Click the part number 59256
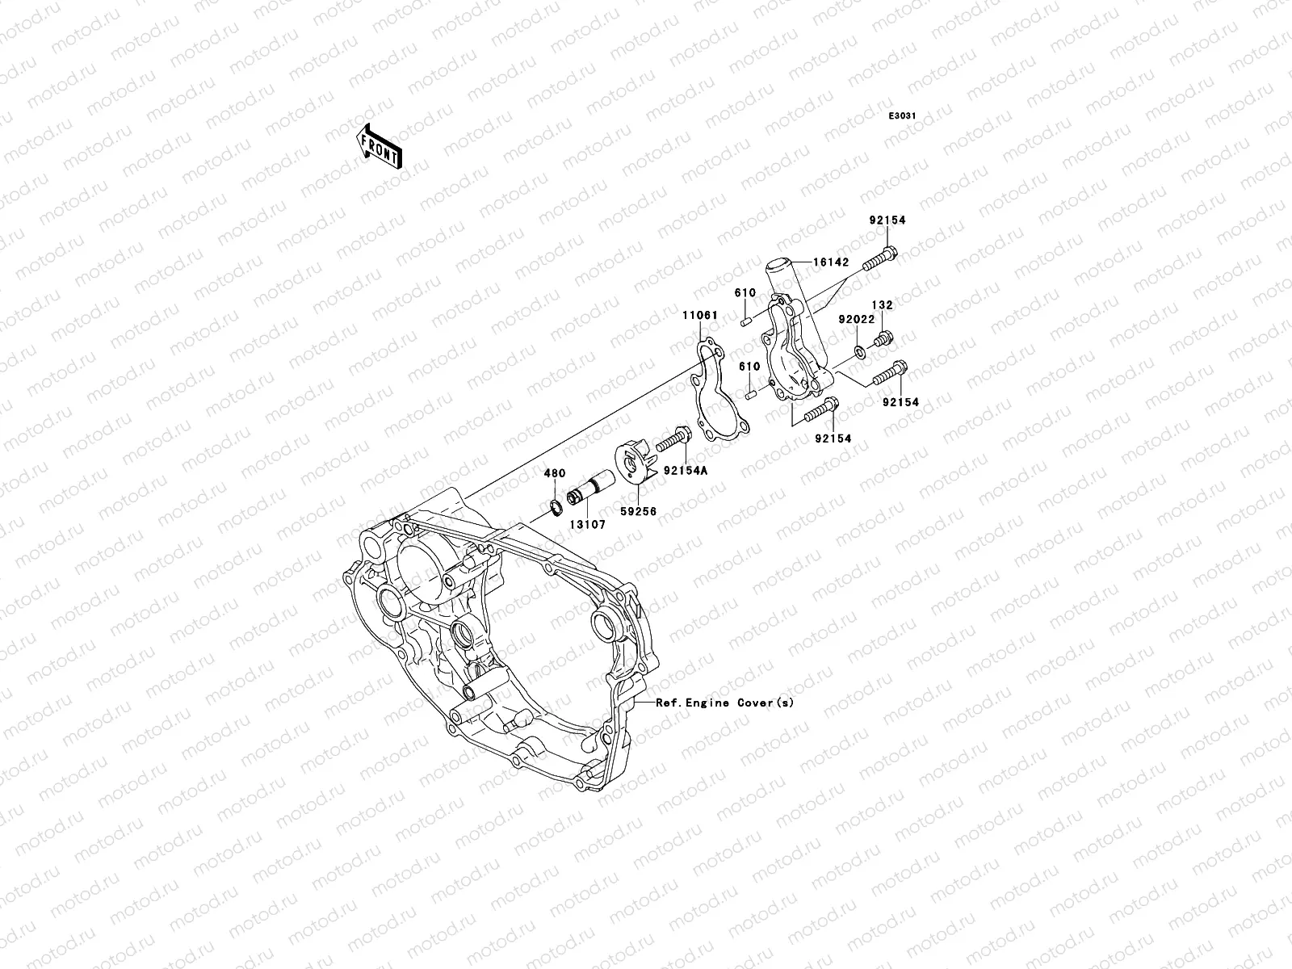(x=639, y=511)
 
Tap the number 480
(x=554, y=474)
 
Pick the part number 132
(x=882, y=306)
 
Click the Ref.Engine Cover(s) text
(x=724, y=703)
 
